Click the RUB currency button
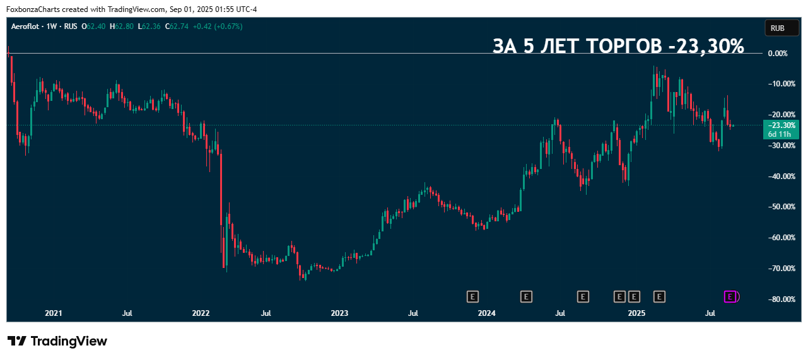pos(777,28)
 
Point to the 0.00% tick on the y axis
pos(778,53)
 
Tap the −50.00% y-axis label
pos(776,207)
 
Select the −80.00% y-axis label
pos(776,299)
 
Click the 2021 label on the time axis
pos(54,313)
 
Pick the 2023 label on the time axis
pos(339,313)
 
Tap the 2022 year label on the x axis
pos(201,313)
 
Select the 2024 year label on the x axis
pos(486,313)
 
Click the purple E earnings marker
pos(730,296)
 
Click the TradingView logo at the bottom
pos(57,341)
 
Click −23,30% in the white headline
pos(706,46)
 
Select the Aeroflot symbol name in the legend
pos(25,26)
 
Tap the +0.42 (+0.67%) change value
pos(217,26)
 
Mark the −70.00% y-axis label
pos(776,268)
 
